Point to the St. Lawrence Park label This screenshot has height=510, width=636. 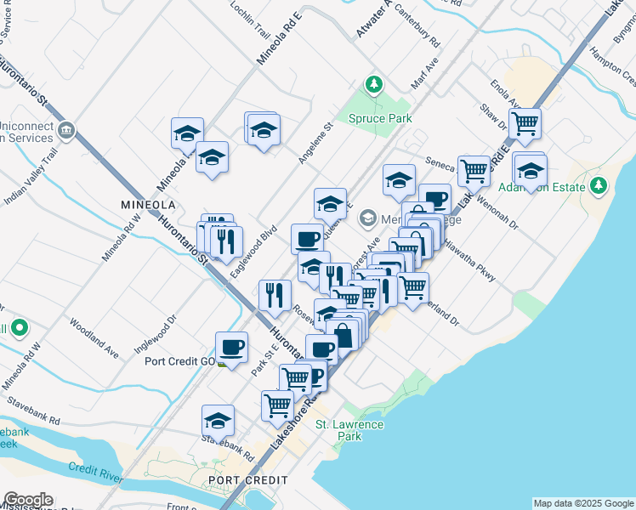click(338, 430)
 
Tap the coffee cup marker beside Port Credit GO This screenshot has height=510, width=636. click(231, 347)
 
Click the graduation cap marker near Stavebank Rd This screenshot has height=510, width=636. click(218, 421)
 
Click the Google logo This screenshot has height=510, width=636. click(27, 500)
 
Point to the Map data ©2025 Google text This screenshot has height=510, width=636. click(582, 503)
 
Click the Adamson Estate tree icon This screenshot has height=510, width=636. click(599, 184)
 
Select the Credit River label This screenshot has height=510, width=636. click(94, 469)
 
